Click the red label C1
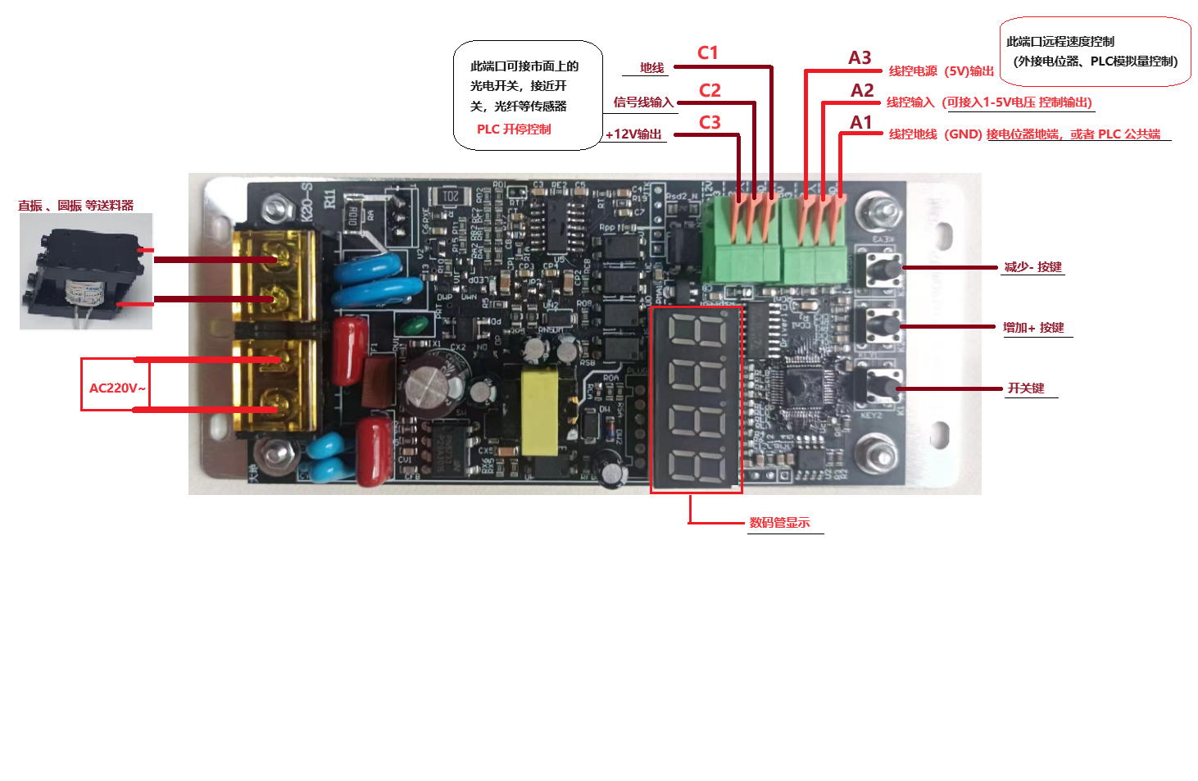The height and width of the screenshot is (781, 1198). coord(707,53)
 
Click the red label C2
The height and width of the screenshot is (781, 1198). coord(710,90)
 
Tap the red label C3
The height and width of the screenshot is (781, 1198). coord(710,123)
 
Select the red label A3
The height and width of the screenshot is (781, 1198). coord(860,58)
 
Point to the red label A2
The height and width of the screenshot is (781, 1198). coord(862,91)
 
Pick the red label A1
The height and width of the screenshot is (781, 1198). coord(861,123)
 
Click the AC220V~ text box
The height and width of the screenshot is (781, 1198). coord(116,388)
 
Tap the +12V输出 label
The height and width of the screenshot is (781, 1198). coord(633,134)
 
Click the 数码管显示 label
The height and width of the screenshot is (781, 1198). coord(779,523)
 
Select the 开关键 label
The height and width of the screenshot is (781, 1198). coord(1026,388)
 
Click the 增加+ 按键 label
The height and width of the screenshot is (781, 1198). coord(1033,328)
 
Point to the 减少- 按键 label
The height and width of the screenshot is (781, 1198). coord(1032,267)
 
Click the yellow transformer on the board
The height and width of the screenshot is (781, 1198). coord(540,411)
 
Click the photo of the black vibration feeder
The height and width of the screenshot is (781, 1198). coord(85,272)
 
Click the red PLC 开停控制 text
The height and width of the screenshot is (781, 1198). coord(514,129)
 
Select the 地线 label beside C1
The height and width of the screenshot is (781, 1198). coord(651,68)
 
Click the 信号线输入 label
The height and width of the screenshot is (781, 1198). coord(643,102)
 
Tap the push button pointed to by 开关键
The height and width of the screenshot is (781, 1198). coord(883,387)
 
